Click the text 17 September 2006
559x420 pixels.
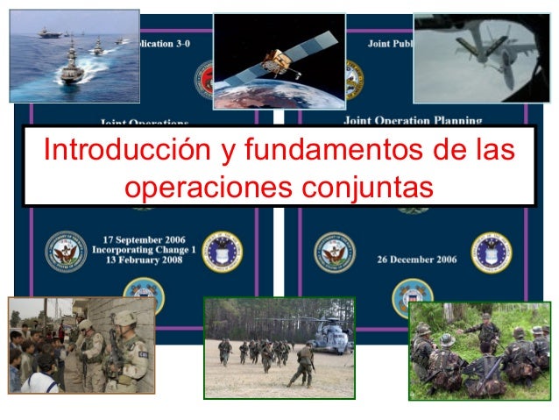click(145, 238)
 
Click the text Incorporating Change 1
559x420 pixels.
click(145, 250)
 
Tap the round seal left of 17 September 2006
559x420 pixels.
click(64, 251)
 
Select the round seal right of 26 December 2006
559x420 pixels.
click(491, 252)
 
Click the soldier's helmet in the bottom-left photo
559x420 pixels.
click(124, 317)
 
